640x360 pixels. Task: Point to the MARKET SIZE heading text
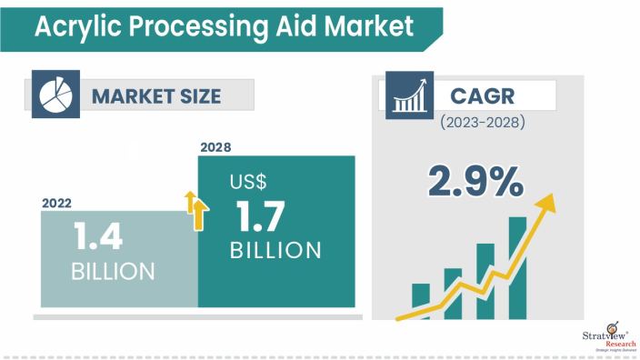click(155, 95)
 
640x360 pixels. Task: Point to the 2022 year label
click(57, 205)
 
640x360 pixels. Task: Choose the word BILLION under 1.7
click(275, 250)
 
